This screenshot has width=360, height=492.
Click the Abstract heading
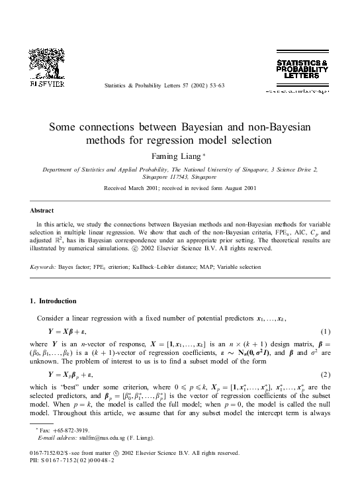(x=42, y=210)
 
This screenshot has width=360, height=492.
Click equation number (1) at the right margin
(x=325, y=330)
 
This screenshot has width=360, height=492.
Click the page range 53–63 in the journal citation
(x=218, y=86)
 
